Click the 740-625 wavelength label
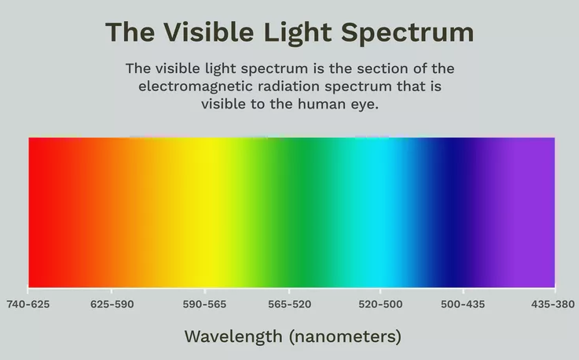[x=28, y=304]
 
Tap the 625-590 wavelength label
[x=112, y=304]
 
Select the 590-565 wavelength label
[x=204, y=304]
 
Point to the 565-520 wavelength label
[x=289, y=304]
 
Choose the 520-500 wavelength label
[x=380, y=304]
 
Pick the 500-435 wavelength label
[x=463, y=304]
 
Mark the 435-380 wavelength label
[x=553, y=304]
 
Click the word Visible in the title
[x=209, y=32]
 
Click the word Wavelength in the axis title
[x=233, y=336]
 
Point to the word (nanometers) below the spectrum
[x=345, y=337]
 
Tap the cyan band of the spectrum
[x=384, y=212]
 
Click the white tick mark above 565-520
[x=289, y=291]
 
